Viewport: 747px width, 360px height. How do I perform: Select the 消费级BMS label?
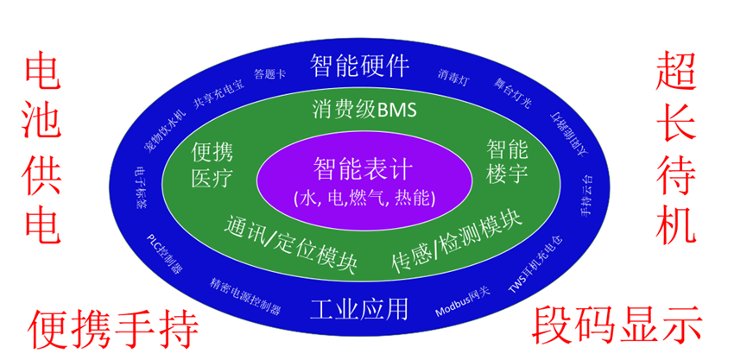click(x=364, y=110)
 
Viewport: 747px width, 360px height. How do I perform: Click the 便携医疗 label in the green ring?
click(x=212, y=167)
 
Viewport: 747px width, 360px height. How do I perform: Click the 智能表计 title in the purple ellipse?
click(x=364, y=167)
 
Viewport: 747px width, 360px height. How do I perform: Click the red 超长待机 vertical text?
click(x=676, y=148)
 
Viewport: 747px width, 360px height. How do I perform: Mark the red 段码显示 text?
click(x=617, y=326)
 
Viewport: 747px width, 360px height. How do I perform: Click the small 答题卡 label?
click(x=270, y=74)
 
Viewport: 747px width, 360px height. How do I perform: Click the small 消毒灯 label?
click(x=454, y=73)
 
